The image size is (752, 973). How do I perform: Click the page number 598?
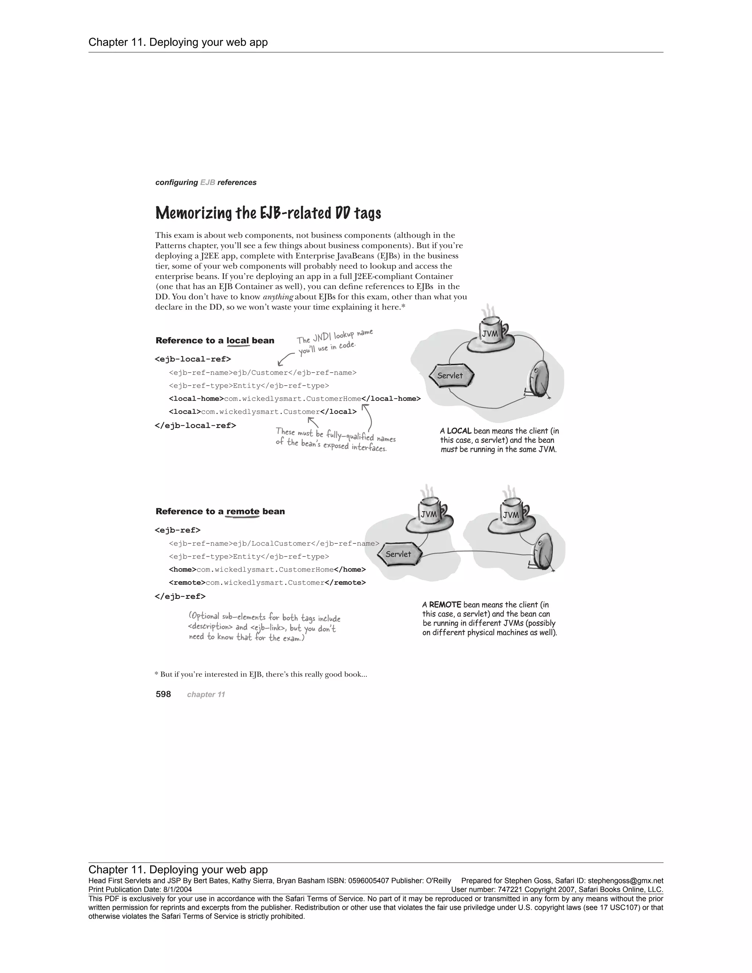coord(163,694)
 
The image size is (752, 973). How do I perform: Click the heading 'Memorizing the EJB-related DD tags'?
coord(268,213)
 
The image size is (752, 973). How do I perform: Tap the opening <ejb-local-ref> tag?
coord(193,359)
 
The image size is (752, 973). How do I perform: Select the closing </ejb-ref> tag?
coord(180,596)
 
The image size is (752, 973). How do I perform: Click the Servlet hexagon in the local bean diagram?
coord(451,376)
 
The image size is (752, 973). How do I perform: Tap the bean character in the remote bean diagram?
coord(543,553)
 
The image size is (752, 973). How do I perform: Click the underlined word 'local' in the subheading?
coord(238,341)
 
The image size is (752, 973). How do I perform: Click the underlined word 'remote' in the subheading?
coord(242,511)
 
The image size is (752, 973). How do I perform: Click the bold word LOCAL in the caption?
coord(459,431)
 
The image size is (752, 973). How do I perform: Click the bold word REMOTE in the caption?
coord(445,605)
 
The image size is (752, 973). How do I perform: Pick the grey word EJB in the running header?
coord(207,182)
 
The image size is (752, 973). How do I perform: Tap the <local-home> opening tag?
coord(196,398)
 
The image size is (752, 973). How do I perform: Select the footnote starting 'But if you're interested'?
coord(263,674)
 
